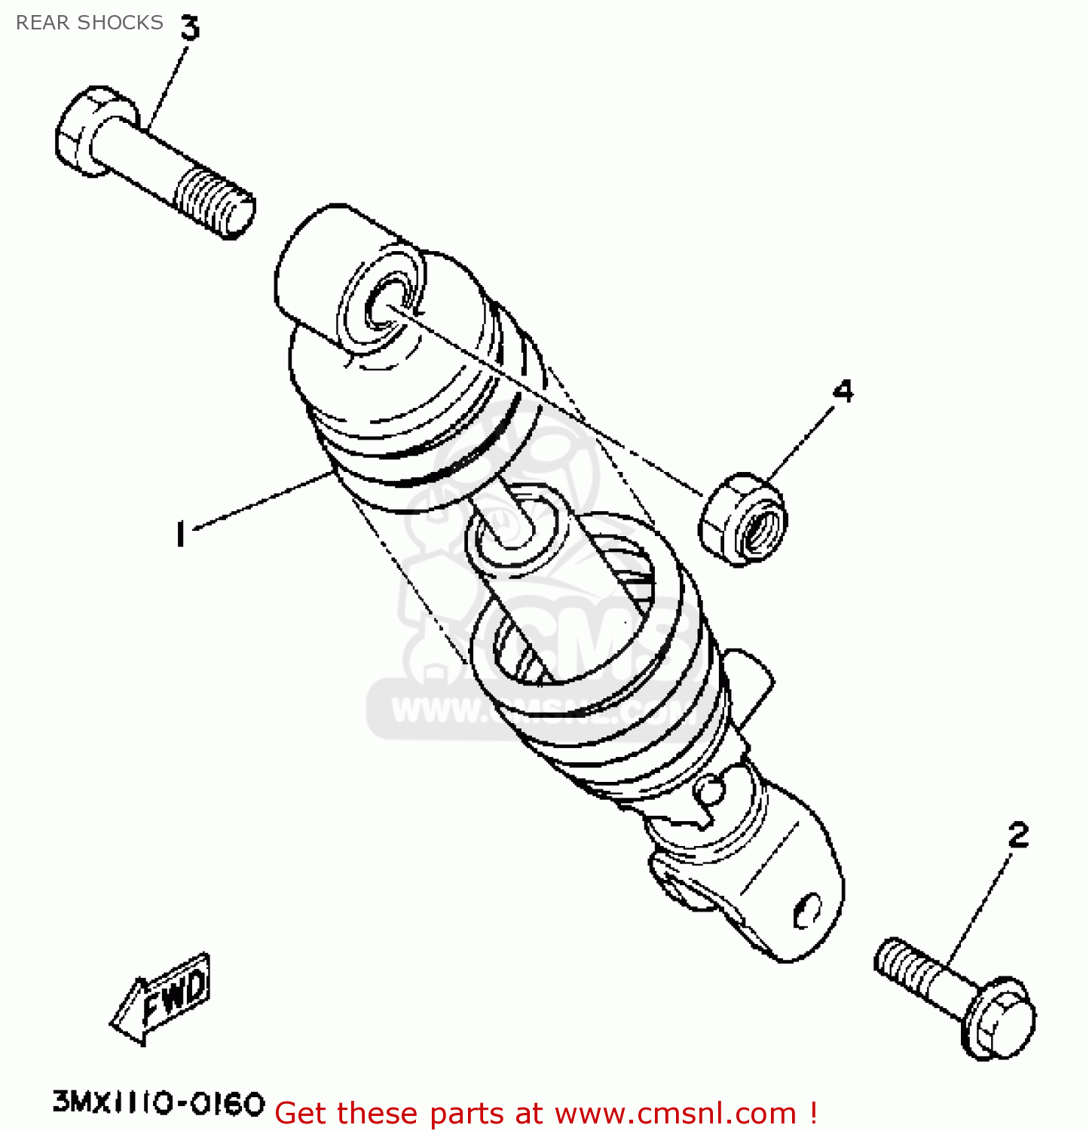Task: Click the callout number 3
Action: [x=189, y=28]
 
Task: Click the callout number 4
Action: [x=843, y=391]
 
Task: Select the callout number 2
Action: [x=1017, y=835]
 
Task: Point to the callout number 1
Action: [x=179, y=534]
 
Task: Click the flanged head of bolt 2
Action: [x=999, y=1019]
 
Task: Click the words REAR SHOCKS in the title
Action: [x=89, y=23]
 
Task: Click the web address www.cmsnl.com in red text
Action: [x=675, y=1114]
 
